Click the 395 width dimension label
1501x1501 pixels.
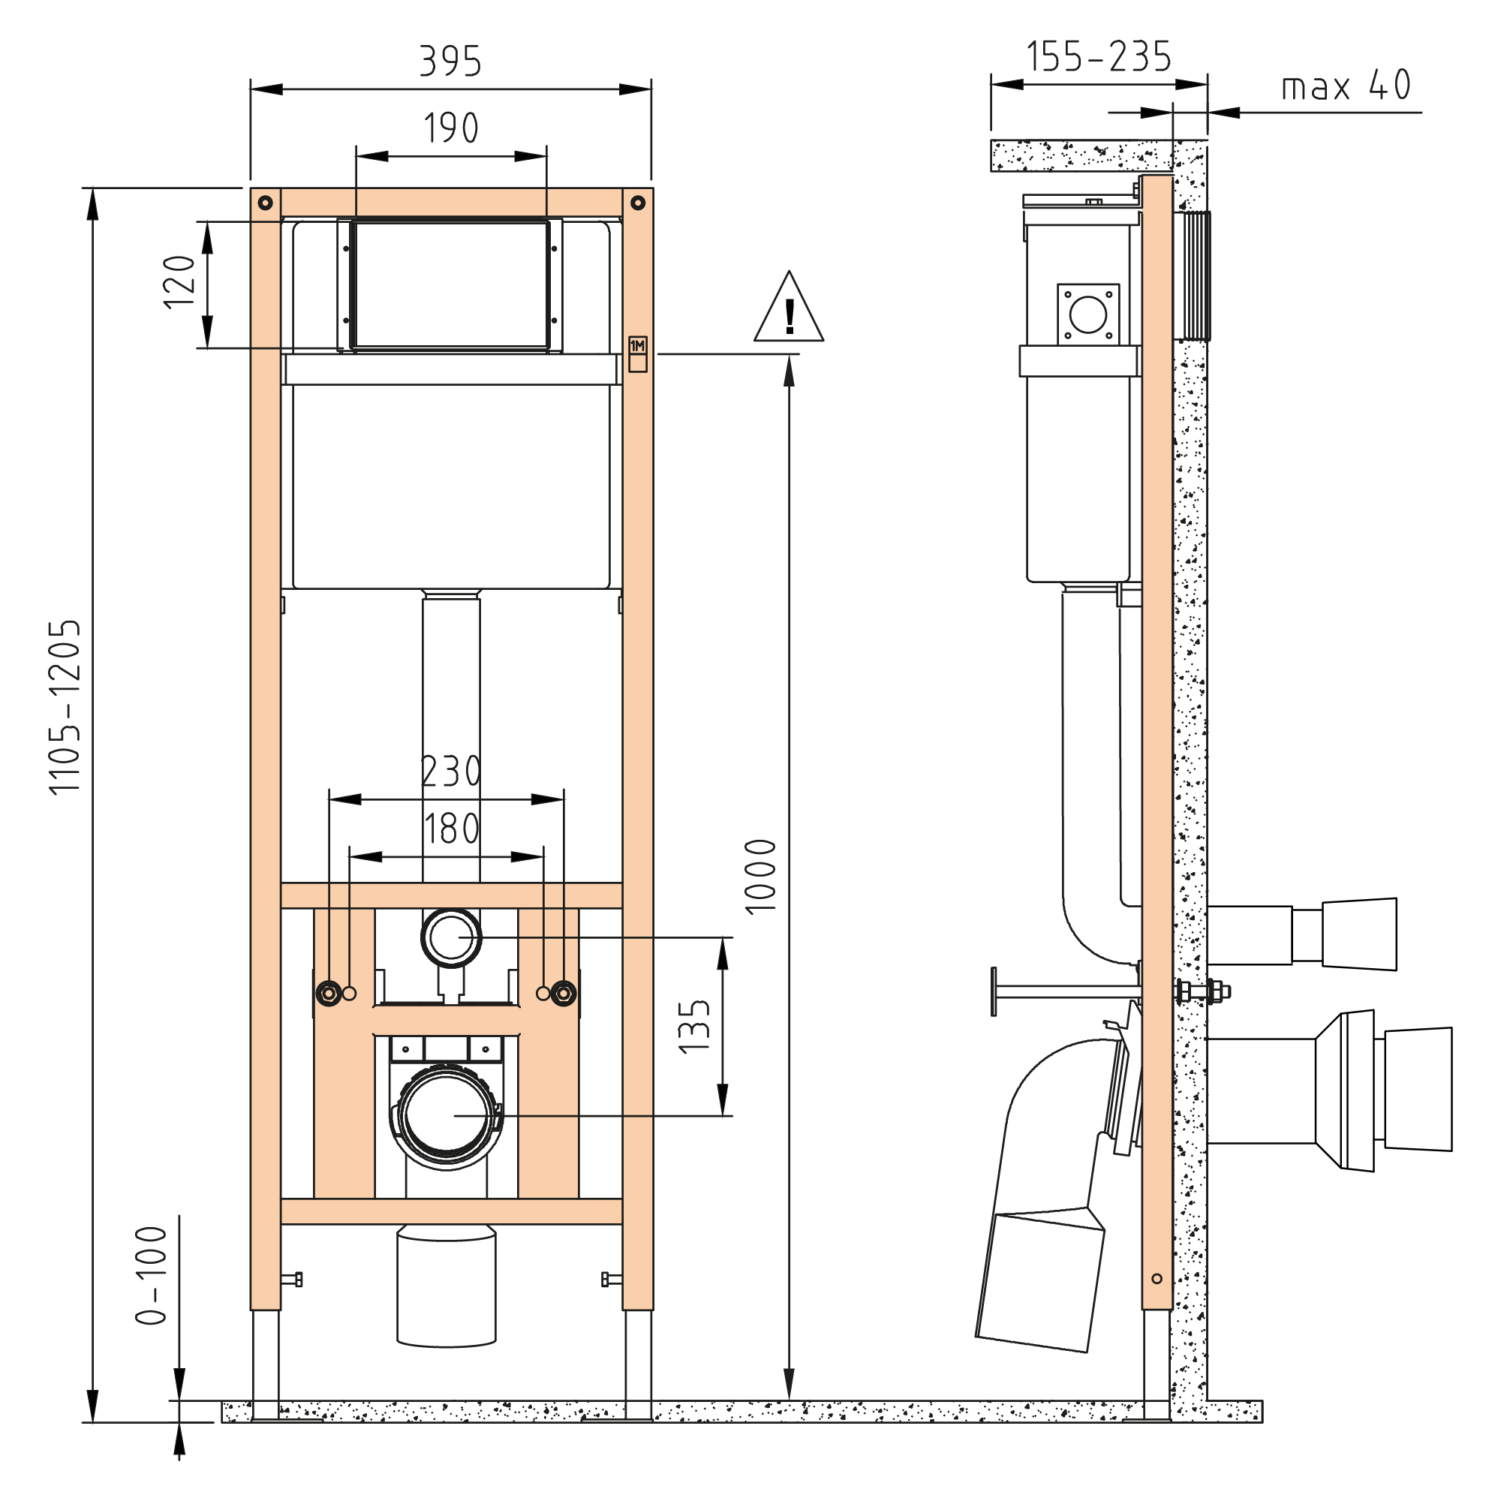click(450, 62)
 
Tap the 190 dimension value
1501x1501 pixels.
click(450, 128)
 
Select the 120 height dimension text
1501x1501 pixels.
click(179, 282)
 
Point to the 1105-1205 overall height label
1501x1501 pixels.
click(65, 707)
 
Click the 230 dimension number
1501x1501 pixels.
click(451, 772)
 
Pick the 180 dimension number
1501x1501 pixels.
click(451, 829)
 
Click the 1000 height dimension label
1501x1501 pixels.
click(760, 877)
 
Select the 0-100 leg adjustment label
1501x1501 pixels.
click(152, 1276)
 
